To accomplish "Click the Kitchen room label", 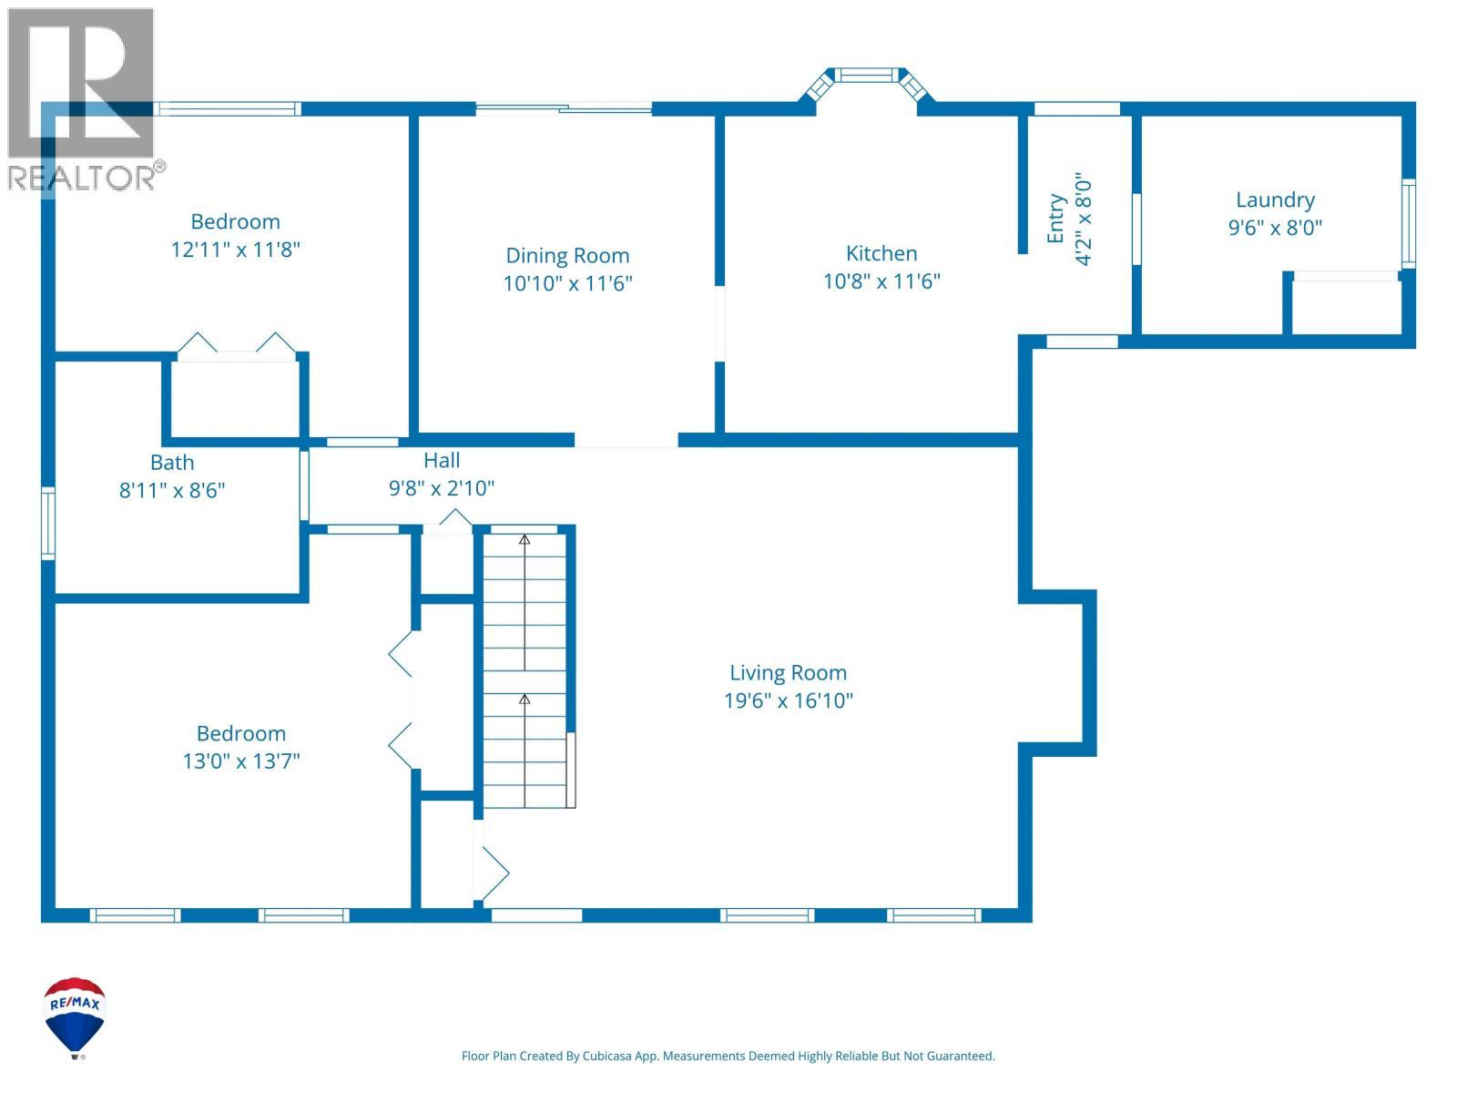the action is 881,253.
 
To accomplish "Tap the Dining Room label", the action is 567,256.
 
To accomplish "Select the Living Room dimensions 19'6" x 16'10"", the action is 788,700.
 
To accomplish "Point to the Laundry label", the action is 1275,200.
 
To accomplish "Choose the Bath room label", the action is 172,463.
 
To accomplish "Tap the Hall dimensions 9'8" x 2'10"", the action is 442,488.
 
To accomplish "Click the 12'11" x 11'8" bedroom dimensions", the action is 236,250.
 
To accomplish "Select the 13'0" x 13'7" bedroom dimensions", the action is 241,761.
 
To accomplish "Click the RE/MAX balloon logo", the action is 75,1016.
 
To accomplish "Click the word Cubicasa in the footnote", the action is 606,1056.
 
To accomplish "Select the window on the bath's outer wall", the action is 47,523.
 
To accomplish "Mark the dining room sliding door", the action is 564,108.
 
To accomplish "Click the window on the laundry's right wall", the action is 1408,224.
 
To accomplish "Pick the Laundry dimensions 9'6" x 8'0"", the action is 1275,229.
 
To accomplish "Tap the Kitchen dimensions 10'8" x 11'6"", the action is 881,281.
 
